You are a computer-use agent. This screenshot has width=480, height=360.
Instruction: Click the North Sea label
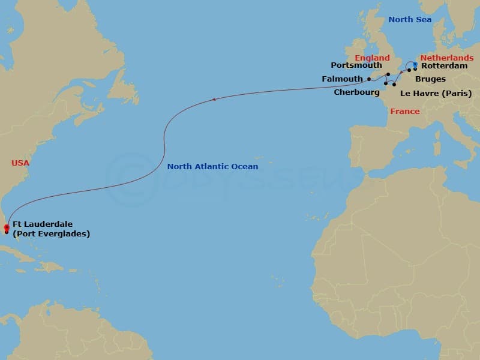pos(409,20)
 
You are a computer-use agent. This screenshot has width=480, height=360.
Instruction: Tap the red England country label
pos(372,58)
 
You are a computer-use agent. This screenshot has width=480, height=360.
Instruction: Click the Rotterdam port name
pos(444,66)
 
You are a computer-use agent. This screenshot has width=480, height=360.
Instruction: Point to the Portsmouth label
pos(356,65)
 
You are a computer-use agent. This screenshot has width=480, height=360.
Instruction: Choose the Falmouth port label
pos(342,79)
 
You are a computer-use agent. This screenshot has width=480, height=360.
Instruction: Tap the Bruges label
pos(430,79)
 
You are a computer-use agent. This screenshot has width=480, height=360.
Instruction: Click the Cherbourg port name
pos(356,93)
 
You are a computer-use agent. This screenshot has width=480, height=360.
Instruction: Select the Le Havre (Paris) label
pos(436,93)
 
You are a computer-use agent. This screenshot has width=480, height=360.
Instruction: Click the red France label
pos(405,112)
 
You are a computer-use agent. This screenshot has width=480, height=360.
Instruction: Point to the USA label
pos(20,163)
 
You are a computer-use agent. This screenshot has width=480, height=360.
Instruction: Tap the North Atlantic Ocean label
pos(212,167)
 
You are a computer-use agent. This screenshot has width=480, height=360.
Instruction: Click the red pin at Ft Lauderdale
pos(6,227)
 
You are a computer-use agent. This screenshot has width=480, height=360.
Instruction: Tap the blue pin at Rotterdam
pos(415,64)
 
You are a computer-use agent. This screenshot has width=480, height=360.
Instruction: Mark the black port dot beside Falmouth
pos(369,79)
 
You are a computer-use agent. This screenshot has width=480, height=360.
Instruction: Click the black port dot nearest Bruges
pos(409,70)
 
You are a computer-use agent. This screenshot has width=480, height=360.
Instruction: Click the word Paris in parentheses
pos(456,93)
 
